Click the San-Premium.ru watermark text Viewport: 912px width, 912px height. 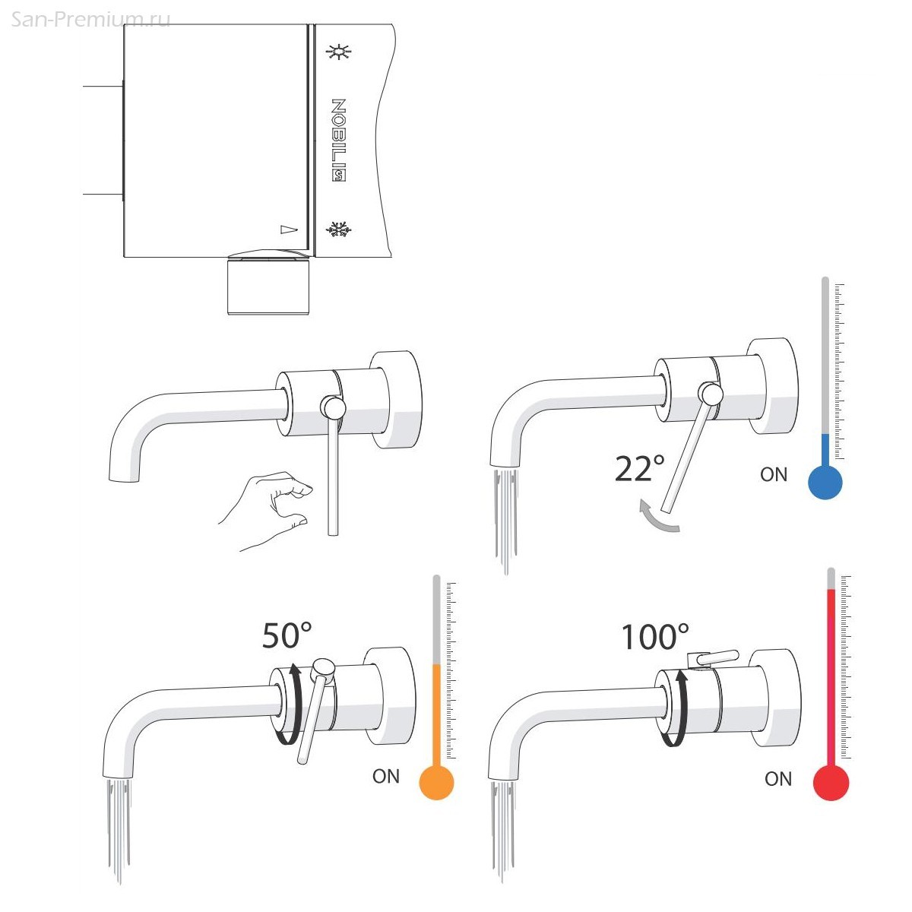90,20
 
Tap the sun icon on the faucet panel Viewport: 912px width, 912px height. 338,52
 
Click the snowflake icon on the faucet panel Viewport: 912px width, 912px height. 338,230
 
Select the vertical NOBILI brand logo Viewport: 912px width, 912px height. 338,140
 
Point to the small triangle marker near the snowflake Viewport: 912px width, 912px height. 289,230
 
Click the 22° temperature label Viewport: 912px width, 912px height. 639,469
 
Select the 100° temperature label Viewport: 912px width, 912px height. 655,637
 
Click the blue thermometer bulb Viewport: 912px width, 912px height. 825,482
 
